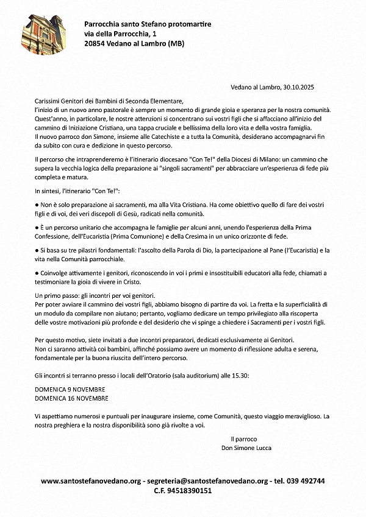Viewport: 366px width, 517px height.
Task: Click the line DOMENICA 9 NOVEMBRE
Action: tap(70, 389)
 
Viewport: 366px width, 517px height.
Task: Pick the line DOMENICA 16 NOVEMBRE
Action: tap(72, 398)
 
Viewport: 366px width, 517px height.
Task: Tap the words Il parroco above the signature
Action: tap(244, 438)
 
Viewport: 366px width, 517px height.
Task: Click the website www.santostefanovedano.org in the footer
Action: tap(90, 480)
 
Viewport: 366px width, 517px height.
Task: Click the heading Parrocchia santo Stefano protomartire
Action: tap(148, 24)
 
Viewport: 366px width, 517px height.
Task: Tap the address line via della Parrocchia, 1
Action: tap(117, 33)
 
